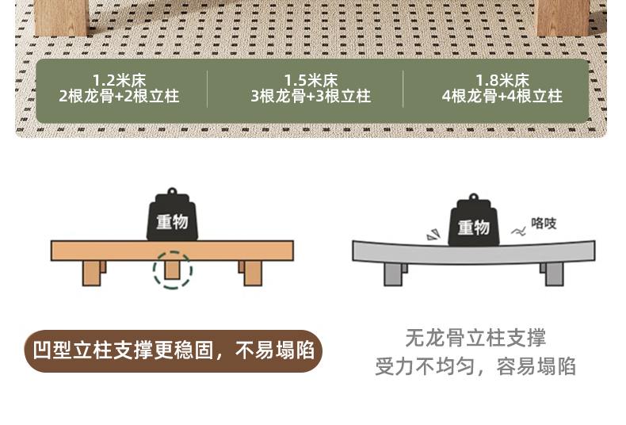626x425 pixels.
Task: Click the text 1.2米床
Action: click(x=119, y=80)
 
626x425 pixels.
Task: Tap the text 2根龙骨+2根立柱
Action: click(x=119, y=97)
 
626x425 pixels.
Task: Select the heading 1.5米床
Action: click(x=311, y=80)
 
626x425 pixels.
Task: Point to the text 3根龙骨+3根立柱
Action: click(x=311, y=97)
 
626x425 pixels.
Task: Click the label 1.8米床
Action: click(x=502, y=80)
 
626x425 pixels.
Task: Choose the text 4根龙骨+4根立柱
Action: click(x=502, y=97)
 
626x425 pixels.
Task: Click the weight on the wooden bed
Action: click(x=172, y=218)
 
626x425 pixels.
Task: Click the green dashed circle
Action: click(x=172, y=270)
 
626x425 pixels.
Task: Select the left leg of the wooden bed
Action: click(x=93, y=272)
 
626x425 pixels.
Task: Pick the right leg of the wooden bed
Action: click(x=251, y=272)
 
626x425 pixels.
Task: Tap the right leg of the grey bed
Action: click(x=553, y=274)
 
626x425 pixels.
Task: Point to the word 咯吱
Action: click(x=544, y=224)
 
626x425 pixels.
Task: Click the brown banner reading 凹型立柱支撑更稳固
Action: click(x=174, y=351)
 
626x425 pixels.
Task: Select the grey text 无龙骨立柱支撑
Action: click(x=475, y=339)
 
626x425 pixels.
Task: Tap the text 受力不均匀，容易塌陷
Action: click(x=475, y=366)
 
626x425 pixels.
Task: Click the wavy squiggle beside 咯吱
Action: click(x=518, y=232)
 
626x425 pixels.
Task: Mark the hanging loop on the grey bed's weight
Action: click(x=473, y=197)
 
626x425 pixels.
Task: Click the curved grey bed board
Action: click(x=473, y=252)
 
